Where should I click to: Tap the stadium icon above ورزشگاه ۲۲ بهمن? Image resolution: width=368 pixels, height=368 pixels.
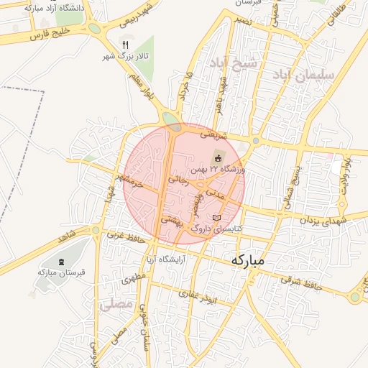coord(218,157)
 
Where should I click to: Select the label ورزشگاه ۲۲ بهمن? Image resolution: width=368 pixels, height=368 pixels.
coord(218,170)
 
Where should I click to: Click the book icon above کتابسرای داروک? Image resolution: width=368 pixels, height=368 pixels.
coord(217,218)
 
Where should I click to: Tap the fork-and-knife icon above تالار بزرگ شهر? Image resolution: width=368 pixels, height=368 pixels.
coord(126,45)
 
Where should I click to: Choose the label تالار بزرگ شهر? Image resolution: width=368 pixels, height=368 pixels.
coord(126,56)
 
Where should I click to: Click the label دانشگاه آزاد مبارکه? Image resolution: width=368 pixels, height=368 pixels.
coord(54,8)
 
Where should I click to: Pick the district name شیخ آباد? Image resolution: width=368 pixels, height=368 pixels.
coord(233,65)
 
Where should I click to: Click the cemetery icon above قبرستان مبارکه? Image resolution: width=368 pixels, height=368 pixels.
coord(62,260)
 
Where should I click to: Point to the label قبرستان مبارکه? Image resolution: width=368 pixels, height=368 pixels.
coord(62,272)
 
